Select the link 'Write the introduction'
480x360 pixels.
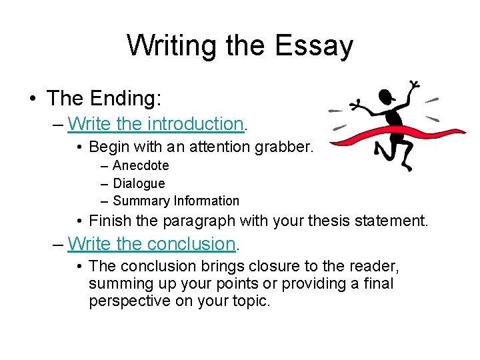pyautogui.click(x=156, y=123)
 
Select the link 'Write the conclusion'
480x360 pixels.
pyautogui.click(x=152, y=244)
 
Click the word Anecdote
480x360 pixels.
pyautogui.click(x=141, y=165)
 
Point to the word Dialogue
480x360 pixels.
pyautogui.click(x=139, y=183)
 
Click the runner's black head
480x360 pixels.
pyautogui.click(x=385, y=98)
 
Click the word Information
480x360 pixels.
pyautogui.click(x=207, y=201)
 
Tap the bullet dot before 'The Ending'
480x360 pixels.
pyautogui.click(x=33, y=99)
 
